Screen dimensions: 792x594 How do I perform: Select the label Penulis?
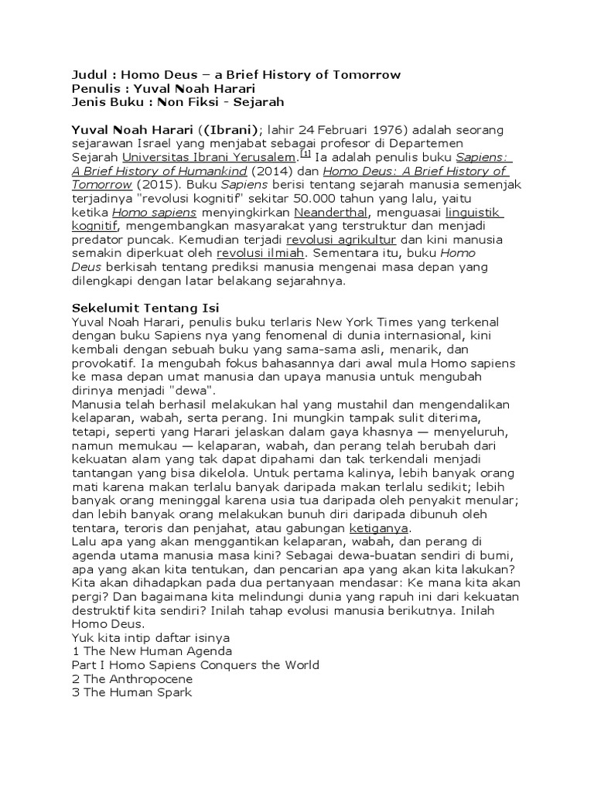pyautogui.click(x=94, y=88)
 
